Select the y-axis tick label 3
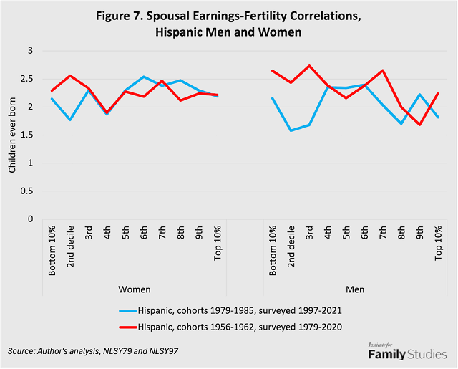coord(31,51)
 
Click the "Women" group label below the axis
coord(135,289)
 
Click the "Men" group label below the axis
coord(355,289)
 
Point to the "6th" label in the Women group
coord(145,236)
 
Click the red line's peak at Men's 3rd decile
coord(309,66)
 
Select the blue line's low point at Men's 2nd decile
coord(291,130)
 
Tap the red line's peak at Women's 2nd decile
coord(70,76)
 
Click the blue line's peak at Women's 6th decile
coord(145,77)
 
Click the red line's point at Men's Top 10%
coord(438,92)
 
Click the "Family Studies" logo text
coord(406,354)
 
